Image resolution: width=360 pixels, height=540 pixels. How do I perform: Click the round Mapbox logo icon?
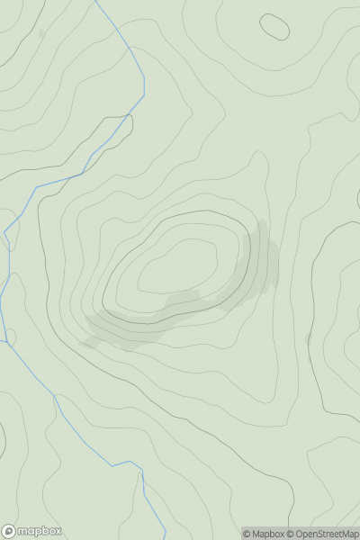(x=9, y=531)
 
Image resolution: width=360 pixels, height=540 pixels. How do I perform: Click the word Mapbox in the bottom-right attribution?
(x=265, y=534)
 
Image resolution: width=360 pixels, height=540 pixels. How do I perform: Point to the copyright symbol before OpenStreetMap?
(x=291, y=534)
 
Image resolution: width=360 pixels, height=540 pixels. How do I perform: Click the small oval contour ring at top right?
(x=274, y=27)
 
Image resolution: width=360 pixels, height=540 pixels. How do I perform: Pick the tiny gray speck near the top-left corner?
(x=40, y=33)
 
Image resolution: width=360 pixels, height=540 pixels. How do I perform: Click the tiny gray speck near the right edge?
(x=308, y=338)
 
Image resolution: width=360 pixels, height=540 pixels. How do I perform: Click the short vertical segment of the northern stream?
(x=144, y=85)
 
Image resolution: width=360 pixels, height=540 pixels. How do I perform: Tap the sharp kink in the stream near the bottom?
(x=140, y=464)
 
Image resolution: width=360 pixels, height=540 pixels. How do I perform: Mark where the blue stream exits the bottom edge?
(x=165, y=538)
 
